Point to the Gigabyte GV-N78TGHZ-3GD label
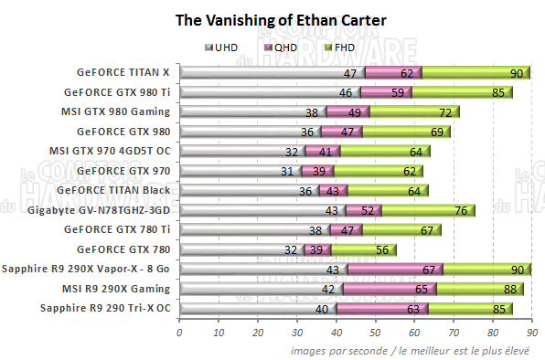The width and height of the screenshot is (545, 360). (105, 210)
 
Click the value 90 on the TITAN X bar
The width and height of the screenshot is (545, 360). (516, 73)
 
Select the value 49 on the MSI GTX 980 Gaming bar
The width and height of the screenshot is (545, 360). (355, 112)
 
